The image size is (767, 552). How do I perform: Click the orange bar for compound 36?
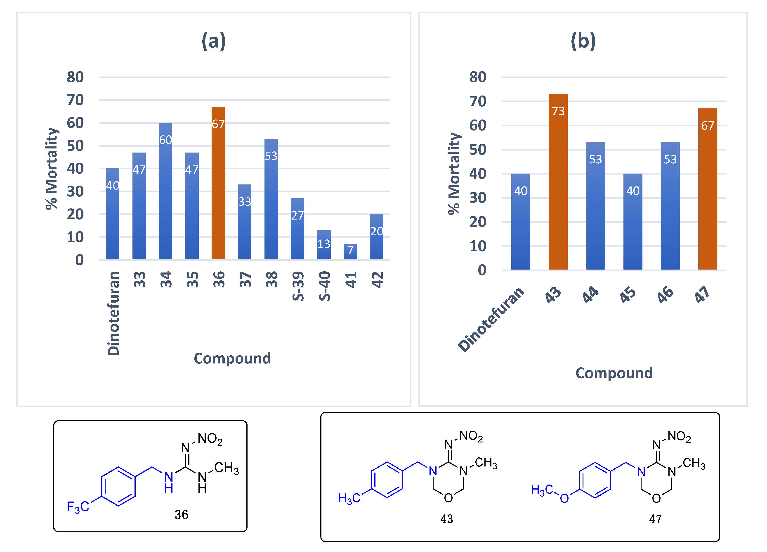point(218,190)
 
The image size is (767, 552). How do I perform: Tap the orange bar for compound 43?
point(558,190)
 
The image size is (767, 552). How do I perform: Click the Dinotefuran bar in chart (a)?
point(113,220)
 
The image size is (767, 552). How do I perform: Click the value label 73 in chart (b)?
point(558,111)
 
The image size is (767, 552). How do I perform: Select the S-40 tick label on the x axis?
point(324,286)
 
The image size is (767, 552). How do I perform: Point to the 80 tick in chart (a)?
point(75,77)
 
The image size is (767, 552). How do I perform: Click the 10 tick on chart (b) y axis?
point(477,246)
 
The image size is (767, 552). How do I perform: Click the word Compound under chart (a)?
point(232,358)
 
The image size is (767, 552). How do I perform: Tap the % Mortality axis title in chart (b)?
point(454,173)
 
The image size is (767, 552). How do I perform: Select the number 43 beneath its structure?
point(446,519)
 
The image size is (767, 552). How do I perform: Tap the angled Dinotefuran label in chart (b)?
point(490,319)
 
